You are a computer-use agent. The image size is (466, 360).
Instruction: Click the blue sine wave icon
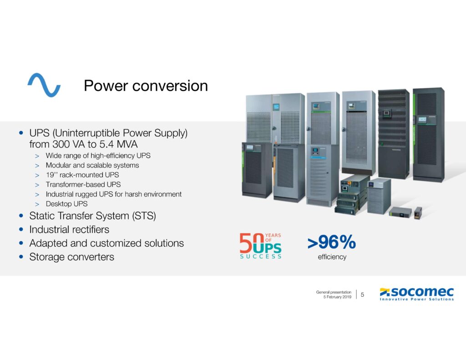pos(44,85)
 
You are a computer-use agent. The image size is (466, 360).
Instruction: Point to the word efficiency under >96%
pos(332,257)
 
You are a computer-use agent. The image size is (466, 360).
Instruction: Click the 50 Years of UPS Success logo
pos(261,246)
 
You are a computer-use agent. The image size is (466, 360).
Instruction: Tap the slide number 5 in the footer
pos(362,294)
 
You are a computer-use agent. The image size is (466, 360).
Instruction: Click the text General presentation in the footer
pos(334,292)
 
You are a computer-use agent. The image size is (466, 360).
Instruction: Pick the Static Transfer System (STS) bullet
pos(92,216)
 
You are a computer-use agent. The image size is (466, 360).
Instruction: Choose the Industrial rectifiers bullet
pos(69,229)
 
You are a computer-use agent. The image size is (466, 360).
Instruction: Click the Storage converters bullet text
pos(71,257)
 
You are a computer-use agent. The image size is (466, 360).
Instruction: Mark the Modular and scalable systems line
pos(92,165)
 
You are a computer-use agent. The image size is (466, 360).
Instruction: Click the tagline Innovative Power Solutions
pos(417,299)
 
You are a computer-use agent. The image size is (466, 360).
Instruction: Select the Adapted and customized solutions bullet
pos(106,243)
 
